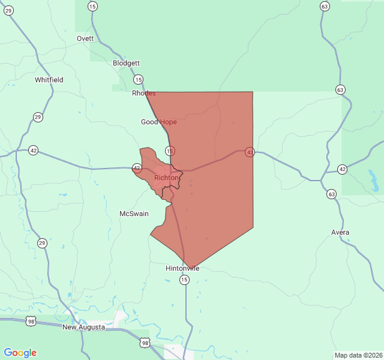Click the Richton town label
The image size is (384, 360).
[166, 178]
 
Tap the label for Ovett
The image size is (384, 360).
[85, 38]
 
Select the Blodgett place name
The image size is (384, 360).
[126, 63]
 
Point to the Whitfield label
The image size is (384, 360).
[49, 80]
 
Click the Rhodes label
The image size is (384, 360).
[144, 93]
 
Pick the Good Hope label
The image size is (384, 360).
[159, 122]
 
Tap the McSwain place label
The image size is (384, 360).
[134, 214]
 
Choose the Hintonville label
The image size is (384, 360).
[182, 268]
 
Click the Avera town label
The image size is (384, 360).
[340, 232]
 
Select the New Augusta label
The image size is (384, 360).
[83, 327]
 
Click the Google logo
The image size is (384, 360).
[20, 353]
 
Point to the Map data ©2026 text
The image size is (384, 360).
[358, 355]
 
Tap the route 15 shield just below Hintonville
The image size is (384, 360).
[184, 280]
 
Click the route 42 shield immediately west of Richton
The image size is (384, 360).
[137, 168]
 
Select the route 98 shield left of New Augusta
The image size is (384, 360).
[31, 322]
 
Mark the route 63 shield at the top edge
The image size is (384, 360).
[325, 6]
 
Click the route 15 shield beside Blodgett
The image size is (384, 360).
[139, 79]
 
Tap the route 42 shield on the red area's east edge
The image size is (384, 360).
[249, 152]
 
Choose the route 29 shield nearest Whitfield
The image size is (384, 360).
[38, 117]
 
